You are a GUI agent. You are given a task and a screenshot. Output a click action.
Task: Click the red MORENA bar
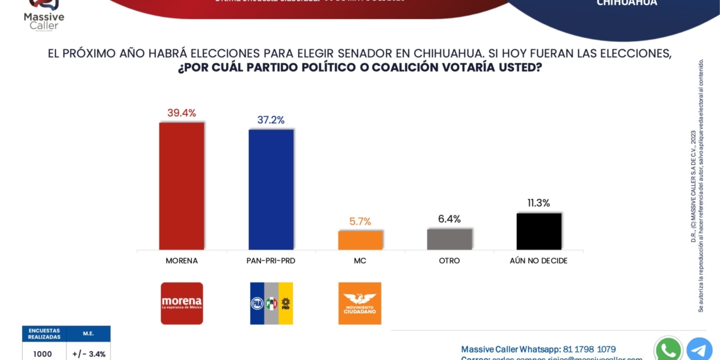pyautogui.click(x=181, y=186)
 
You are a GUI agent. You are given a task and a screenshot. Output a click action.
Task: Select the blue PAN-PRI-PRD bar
pyautogui.click(x=271, y=189)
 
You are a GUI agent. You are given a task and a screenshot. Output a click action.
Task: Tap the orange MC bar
pyautogui.click(x=360, y=240)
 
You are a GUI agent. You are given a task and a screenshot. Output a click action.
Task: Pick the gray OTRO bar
pyautogui.click(x=449, y=239)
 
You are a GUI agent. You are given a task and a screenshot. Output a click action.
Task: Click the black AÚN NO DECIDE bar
pyautogui.click(x=539, y=231)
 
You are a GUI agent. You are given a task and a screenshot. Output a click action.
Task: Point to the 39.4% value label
pyautogui.click(x=181, y=113)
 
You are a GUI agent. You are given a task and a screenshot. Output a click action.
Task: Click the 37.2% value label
pyautogui.click(x=271, y=120)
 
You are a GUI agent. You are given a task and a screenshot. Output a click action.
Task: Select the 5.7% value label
pyautogui.click(x=360, y=222)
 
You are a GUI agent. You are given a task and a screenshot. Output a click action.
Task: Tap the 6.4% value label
pyautogui.click(x=449, y=219)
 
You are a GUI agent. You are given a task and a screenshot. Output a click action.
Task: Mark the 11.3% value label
pyautogui.click(x=539, y=203)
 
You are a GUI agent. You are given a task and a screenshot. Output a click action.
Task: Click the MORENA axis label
pyautogui.click(x=181, y=261)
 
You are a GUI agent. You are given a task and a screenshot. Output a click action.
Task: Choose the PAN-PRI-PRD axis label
pyautogui.click(x=271, y=261)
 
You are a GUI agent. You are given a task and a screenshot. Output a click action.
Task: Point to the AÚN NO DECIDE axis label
pyautogui.click(x=539, y=261)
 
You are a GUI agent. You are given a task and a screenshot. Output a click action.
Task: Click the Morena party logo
pyautogui.click(x=182, y=303)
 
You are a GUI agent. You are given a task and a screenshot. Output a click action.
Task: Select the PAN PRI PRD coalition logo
pyautogui.click(x=272, y=303)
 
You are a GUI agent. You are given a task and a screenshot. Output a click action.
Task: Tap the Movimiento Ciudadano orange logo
pyautogui.click(x=360, y=303)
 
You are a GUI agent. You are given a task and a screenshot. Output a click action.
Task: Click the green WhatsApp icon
pyautogui.click(x=668, y=349)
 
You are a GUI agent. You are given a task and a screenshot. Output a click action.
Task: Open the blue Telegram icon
pyautogui.click(x=699, y=349)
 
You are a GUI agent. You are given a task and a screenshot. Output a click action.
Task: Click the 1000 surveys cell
pyautogui.click(x=43, y=354)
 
